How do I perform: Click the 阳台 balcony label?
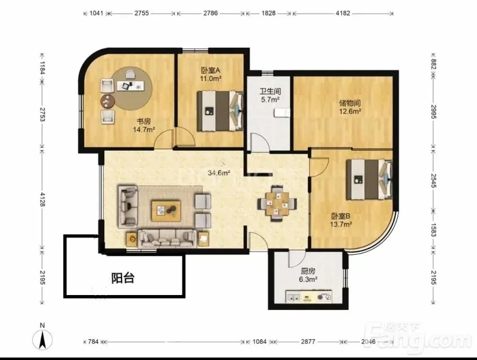[x=123, y=278]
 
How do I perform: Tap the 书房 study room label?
[x=144, y=122]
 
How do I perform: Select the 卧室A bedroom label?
[x=210, y=70]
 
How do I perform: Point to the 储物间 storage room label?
[x=350, y=103]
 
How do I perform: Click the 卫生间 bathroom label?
[x=270, y=91]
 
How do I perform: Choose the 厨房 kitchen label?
[x=308, y=271]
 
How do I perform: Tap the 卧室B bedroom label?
[x=341, y=216]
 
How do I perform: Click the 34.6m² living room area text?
[x=219, y=173]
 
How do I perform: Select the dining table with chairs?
[x=277, y=203]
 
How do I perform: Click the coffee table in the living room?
[x=166, y=210]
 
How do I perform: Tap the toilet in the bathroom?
[x=281, y=113]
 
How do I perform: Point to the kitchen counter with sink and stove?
[x=309, y=296]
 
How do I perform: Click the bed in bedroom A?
[x=220, y=111]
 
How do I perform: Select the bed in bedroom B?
[x=370, y=179]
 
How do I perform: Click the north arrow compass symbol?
[x=42, y=338]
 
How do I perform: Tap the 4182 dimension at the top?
[x=342, y=13]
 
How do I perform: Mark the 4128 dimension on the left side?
[x=42, y=199]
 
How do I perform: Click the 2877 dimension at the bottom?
[x=308, y=342]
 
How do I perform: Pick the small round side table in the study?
[x=107, y=101]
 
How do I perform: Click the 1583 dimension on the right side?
[x=433, y=229]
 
